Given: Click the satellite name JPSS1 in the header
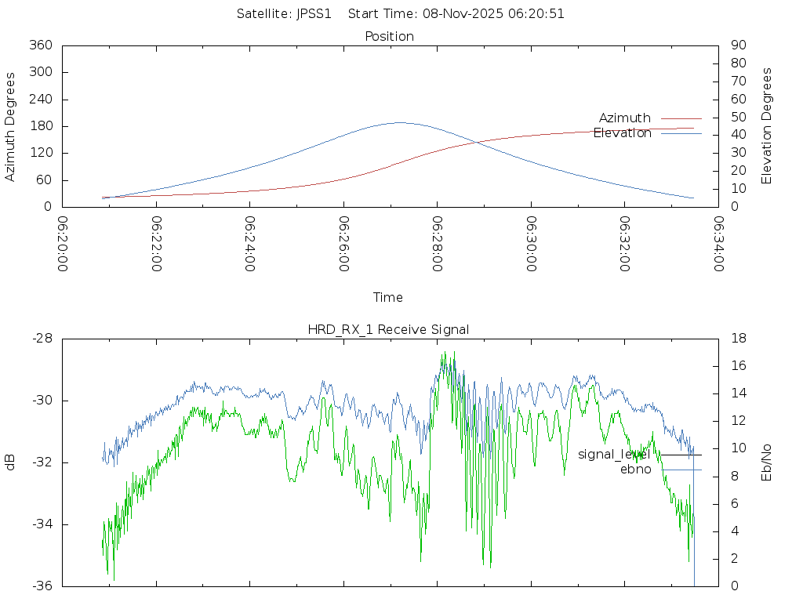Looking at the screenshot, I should [x=312, y=13].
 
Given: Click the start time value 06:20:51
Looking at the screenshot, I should [x=540, y=13].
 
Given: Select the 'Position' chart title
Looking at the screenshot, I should [x=389, y=36].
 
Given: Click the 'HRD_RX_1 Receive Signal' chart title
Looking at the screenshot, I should [x=388, y=329].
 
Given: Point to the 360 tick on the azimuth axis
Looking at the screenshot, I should [x=41, y=45].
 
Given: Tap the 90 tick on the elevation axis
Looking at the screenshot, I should [x=737, y=45].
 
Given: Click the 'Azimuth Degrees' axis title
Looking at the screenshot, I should [x=10, y=126].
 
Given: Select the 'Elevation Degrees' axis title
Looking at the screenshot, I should [x=767, y=126].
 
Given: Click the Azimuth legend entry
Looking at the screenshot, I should [x=625, y=118].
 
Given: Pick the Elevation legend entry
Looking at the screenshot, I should [x=622, y=133].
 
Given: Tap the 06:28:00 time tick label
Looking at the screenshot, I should [x=438, y=243].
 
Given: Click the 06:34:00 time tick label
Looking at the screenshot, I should [x=718, y=243].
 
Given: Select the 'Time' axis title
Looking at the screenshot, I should [x=388, y=297].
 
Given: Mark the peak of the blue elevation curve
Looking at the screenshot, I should [x=400, y=122].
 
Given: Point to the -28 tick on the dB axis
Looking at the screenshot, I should [x=41, y=339].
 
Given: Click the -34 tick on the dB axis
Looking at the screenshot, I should [x=41, y=524].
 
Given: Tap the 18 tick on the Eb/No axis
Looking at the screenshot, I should [x=737, y=339].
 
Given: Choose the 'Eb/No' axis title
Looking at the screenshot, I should [x=767, y=462].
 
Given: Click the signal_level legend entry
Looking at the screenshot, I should [x=614, y=455].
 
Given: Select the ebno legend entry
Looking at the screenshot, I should [x=635, y=470].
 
